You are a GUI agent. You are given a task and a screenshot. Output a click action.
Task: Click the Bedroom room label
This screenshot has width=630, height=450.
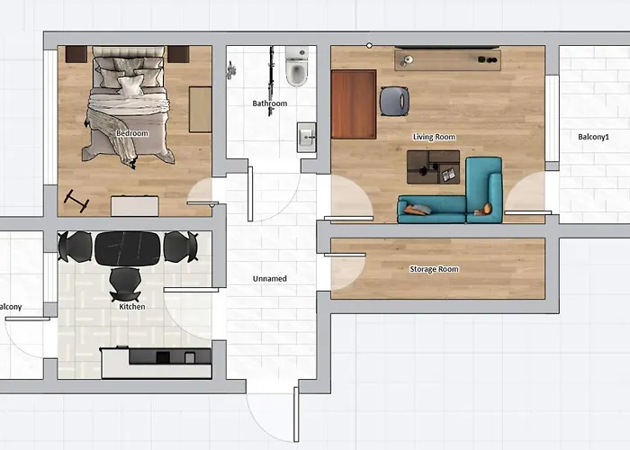132,133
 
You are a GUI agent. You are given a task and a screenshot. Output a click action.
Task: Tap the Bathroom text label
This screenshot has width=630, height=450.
269,103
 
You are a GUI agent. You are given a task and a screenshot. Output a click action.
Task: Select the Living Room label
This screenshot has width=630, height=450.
434,137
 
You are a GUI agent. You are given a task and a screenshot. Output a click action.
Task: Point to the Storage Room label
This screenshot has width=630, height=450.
434,269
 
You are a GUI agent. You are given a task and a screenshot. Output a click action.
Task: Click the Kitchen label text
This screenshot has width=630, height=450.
131,307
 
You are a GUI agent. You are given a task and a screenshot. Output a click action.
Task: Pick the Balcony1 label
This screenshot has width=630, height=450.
593,137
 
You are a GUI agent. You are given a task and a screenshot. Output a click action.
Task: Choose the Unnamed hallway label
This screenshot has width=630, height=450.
269,279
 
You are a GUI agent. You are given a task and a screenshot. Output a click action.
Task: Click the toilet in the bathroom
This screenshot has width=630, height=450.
296,68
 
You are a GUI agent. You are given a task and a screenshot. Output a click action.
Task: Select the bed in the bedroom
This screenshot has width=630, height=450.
129,106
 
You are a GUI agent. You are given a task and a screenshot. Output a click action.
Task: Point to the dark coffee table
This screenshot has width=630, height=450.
433,166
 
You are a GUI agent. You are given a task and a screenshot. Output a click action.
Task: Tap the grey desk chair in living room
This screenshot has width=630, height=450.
394,100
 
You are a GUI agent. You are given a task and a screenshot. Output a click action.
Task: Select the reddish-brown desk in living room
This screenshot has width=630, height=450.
353,104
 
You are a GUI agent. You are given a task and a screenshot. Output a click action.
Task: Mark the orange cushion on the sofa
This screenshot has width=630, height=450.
488,210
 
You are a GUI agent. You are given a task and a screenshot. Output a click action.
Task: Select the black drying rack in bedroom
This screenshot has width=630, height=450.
76,201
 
